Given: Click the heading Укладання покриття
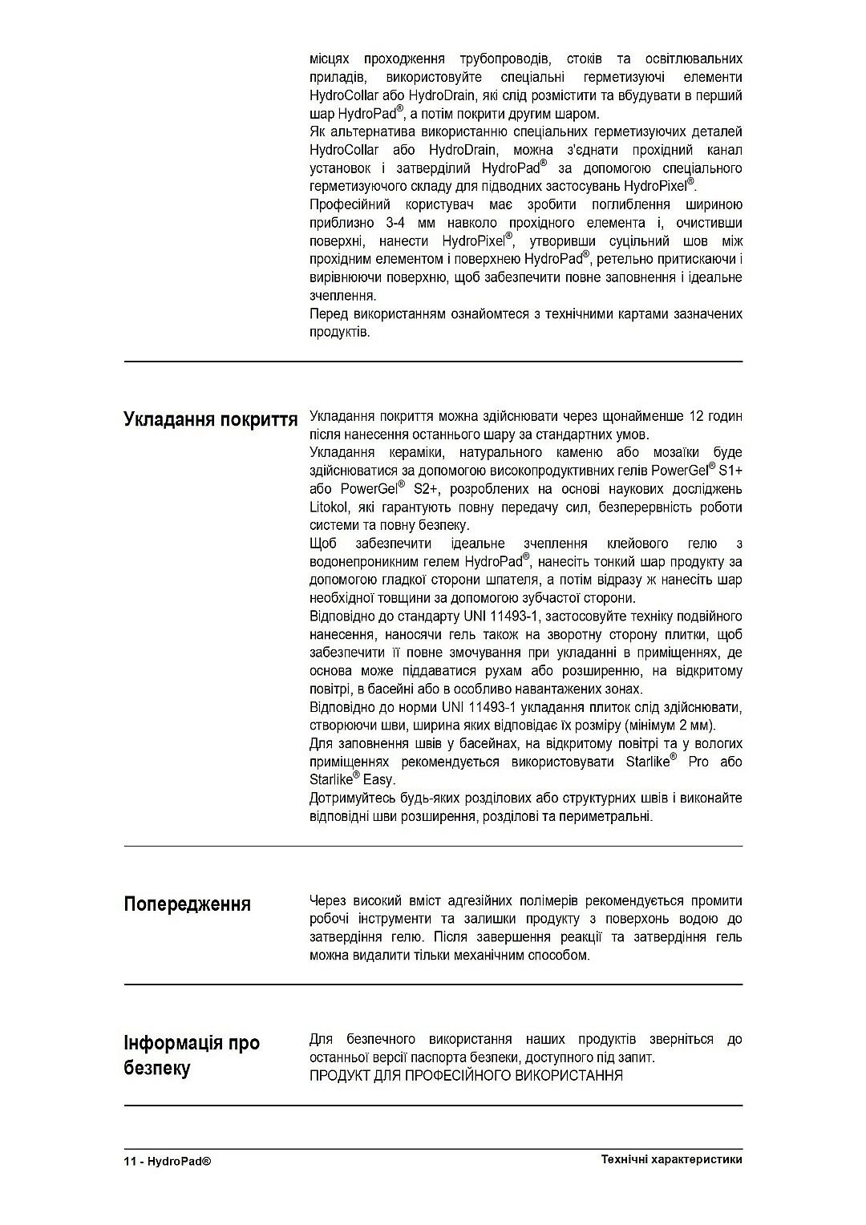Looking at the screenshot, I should [210, 419].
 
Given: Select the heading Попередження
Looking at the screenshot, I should [187, 904].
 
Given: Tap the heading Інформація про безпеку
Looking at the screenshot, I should [192, 1055].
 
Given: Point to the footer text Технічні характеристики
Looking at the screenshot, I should [670, 1159].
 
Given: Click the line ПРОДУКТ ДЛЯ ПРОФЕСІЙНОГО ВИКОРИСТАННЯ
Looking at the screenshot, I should [466, 1076].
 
